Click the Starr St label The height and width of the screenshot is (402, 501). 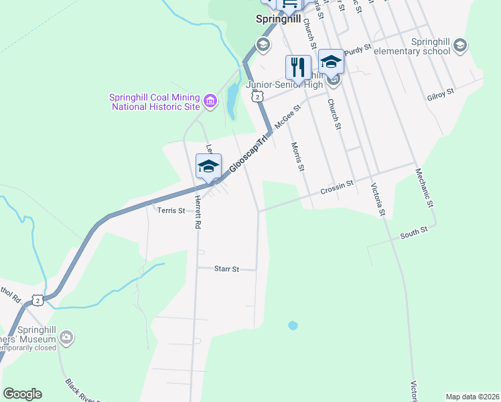pyautogui.click(x=226, y=269)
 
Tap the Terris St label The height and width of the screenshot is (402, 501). pyautogui.click(x=170, y=210)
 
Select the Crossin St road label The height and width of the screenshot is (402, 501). pyautogui.click(x=336, y=186)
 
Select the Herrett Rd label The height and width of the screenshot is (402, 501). pyautogui.click(x=198, y=212)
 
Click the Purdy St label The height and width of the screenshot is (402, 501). pyautogui.click(x=358, y=49)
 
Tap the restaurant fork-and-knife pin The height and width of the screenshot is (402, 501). pyautogui.click(x=299, y=67)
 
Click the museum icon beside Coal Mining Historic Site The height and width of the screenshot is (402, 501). pyautogui.click(x=210, y=101)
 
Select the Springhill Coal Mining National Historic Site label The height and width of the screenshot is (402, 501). pyautogui.click(x=155, y=101)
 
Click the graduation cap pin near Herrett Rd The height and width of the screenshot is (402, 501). pyautogui.click(x=208, y=166)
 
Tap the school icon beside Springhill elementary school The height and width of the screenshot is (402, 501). pyautogui.click(x=459, y=46)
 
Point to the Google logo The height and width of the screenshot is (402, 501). pyautogui.click(x=22, y=394)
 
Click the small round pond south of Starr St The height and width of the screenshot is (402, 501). pyautogui.click(x=293, y=326)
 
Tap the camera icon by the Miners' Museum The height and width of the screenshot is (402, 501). pyautogui.click(x=66, y=337)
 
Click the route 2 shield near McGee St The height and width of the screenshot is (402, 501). pyautogui.click(x=257, y=97)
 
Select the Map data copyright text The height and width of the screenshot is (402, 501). pyautogui.click(x=473, y=396)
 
